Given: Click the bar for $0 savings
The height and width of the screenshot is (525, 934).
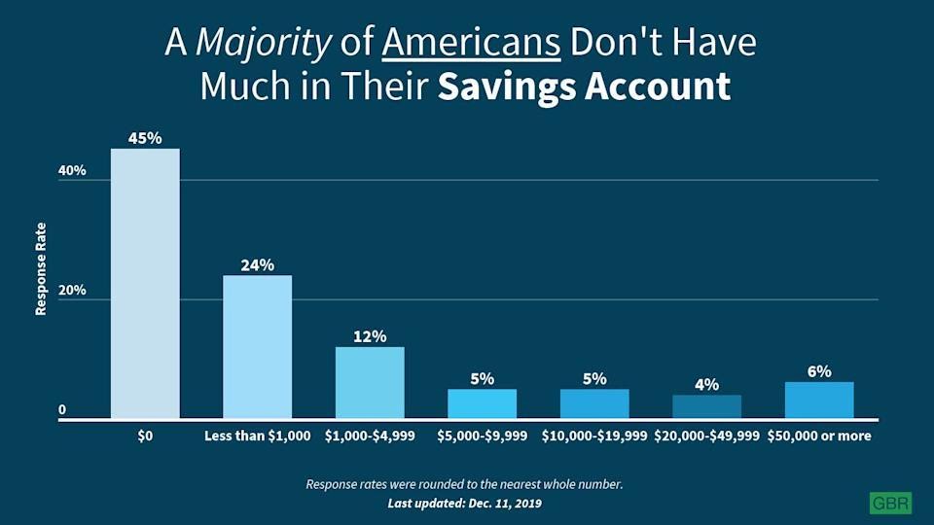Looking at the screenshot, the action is click(145, 283).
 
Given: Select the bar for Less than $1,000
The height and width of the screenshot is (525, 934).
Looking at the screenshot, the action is click(257, 346).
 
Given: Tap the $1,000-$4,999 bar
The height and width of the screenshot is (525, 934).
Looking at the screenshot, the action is click(370, 383).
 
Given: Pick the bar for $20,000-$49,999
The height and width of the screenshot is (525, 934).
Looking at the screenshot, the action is click(707, 406).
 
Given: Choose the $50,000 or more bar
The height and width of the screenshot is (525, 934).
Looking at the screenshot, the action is click(819, 400).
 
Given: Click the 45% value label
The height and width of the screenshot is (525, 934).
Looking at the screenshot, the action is click(145, 138).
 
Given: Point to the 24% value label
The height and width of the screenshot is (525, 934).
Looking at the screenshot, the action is click(257, 264).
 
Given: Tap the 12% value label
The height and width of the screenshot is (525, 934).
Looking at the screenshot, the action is click(370, 337).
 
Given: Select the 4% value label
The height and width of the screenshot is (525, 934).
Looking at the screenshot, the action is click(707, 385).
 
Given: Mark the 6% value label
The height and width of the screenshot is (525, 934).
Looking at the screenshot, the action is click(819, 371).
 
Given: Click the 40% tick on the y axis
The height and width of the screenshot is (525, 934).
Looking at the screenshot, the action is click(72, 171).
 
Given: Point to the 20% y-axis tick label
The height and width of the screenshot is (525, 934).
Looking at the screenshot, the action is click(72, 291).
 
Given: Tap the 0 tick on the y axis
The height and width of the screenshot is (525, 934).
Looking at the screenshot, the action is click(62, 410).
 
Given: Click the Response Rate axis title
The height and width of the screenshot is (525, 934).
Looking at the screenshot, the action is click(41, 269).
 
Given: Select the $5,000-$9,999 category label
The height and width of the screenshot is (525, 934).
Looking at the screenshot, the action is click(482, 436).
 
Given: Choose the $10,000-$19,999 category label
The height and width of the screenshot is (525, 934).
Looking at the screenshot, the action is click(594, 436).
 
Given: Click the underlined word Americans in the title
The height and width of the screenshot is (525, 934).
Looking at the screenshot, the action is click(471, 42).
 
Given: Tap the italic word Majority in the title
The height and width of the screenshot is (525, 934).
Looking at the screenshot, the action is click(263, 44).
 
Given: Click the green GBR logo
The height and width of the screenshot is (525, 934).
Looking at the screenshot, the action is click(890, 503).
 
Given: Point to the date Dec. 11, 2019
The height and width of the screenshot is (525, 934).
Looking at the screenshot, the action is click(505, 504).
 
